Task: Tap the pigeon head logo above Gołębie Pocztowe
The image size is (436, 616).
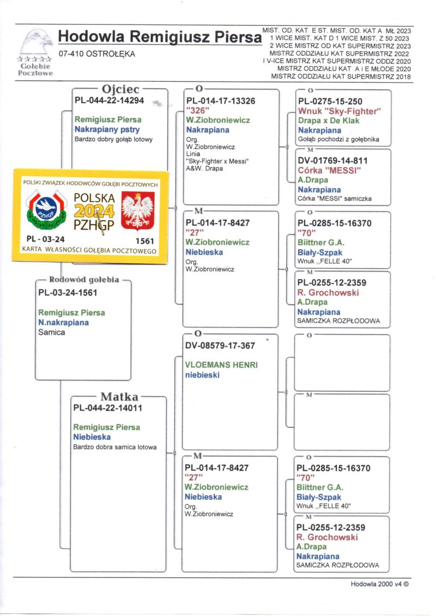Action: pos(36,41)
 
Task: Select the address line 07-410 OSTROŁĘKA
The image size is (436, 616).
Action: pos(97,54)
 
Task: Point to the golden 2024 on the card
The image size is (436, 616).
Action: pos(94,211)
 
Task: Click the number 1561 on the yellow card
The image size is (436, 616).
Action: pos(144,240)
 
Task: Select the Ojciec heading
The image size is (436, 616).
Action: pos(120,89)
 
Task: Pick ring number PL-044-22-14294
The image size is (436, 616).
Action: pos(109,101)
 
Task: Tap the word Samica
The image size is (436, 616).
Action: pos(52,332)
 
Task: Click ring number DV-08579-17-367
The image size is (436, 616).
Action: pos(220,346)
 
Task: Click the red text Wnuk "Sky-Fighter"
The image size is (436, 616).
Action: pos(339,111)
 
